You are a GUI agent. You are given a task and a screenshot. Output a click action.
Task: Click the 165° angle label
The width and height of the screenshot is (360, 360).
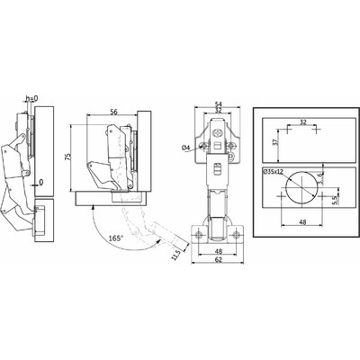[116, 238]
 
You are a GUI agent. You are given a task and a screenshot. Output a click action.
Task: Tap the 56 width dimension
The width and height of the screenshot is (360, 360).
[113, 112]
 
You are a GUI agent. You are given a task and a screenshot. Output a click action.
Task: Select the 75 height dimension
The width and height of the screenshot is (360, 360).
[68, 157]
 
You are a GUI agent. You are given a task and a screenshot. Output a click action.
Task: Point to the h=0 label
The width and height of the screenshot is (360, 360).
[32, 98]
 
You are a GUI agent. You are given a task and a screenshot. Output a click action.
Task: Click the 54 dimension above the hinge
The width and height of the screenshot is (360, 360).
[219, 103]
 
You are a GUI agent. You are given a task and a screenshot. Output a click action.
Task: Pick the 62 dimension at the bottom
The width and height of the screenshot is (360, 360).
[219, 260]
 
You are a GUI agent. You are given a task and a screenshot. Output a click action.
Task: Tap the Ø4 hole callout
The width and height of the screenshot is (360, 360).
[186, 148]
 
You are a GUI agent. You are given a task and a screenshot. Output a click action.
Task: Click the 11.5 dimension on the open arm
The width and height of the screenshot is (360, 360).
[176, 255]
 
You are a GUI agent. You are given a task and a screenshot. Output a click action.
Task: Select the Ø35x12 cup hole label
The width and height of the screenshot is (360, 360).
[273, 172]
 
